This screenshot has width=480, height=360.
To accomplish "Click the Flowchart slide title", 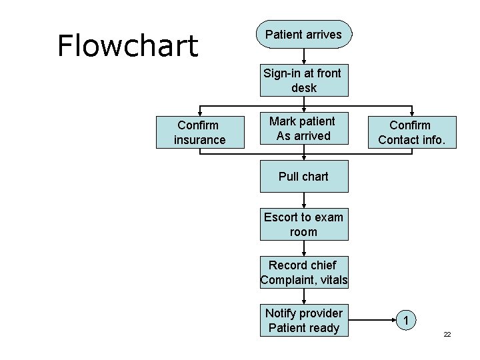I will (127, 45).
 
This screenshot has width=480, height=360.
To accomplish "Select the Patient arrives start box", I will (303, 35).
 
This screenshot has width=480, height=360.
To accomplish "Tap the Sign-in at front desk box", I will (303, 81).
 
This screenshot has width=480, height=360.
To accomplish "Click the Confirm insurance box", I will (199, 132).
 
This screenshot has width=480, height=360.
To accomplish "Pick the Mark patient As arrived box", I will (303, 129).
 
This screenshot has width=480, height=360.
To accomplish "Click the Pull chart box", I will (303, 177).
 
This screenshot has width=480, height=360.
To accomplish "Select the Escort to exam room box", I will (303, 225).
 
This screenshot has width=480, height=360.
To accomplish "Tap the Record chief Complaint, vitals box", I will (303, 273).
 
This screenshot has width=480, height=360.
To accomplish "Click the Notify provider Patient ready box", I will (303, 321).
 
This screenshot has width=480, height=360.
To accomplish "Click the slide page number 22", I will (447, 333).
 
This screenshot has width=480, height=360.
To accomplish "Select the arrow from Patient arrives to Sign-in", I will (304, 57).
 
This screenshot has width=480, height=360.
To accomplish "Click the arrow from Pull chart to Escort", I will (304, 201).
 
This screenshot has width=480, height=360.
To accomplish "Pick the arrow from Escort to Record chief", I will (304, 249).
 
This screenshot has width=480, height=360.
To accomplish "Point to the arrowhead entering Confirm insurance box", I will (199, 113).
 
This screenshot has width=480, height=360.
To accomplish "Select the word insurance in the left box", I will (199, 140).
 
